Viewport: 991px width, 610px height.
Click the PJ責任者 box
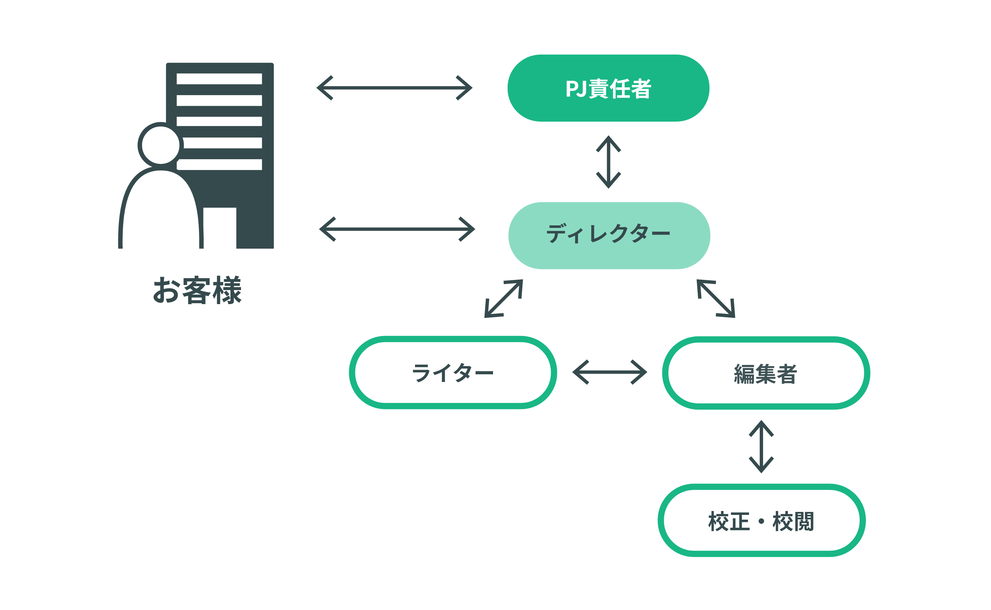coord(608,88)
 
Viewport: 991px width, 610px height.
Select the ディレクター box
coord(609,235)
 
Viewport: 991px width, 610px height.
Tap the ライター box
coord(452,372)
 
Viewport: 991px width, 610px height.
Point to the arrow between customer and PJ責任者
coord(394,88)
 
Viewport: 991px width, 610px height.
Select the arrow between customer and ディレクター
coord(397,229)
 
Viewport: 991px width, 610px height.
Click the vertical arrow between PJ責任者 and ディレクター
coord(609,162)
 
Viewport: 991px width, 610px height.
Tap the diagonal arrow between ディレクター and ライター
coord(504,298)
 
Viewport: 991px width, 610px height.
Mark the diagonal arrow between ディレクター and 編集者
coord(716,298)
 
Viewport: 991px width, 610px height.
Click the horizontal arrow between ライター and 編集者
coord(609,372)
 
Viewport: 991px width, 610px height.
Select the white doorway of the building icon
coord(220,228)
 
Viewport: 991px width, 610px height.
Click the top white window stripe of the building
coord(219,79)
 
